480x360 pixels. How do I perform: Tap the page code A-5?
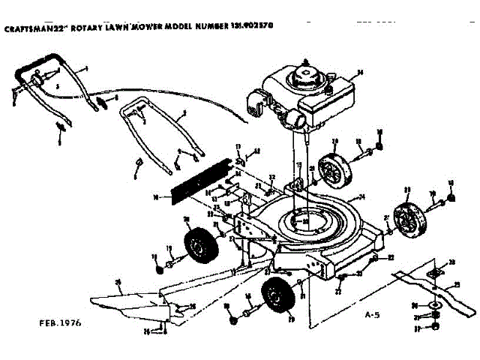(x=370, y=313)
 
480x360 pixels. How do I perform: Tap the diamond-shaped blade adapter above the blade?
(x=434, y=274)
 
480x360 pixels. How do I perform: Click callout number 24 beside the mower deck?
(x=362, y=198)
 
